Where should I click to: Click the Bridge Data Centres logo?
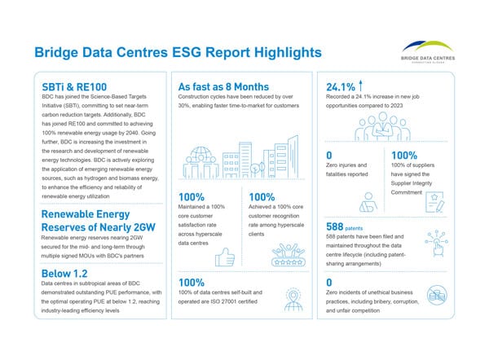428,52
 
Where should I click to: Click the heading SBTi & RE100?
74,87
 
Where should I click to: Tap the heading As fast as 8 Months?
223,86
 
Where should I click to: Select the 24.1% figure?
340,87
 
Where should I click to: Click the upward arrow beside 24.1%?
360,86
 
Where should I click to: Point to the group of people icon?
382,126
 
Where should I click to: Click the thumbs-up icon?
225,257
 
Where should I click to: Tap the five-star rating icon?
289,255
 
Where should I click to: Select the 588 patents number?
334,226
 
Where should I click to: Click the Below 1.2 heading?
64,274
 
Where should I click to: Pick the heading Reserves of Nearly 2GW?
99,227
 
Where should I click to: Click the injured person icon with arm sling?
368,202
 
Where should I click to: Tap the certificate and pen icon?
434,202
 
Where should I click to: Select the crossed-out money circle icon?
437,295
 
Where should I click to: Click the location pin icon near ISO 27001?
293,300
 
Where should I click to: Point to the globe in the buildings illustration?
200,154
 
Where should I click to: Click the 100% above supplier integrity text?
404,156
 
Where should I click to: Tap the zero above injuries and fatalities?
329,156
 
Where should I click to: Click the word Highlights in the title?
288,52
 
